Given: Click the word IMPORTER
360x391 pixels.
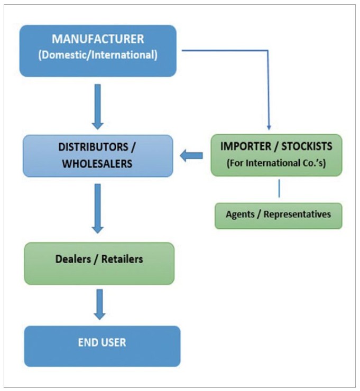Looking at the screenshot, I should [x=241, y=146].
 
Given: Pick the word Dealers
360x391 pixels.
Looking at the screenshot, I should [x=73, y=259].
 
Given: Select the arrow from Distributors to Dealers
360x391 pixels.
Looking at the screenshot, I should [x=97, y=208].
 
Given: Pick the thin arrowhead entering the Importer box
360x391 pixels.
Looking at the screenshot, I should [x=269, y=127].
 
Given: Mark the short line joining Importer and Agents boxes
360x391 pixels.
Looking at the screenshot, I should [x=279, y=189].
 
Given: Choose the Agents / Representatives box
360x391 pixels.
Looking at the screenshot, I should [x=278, y=215].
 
